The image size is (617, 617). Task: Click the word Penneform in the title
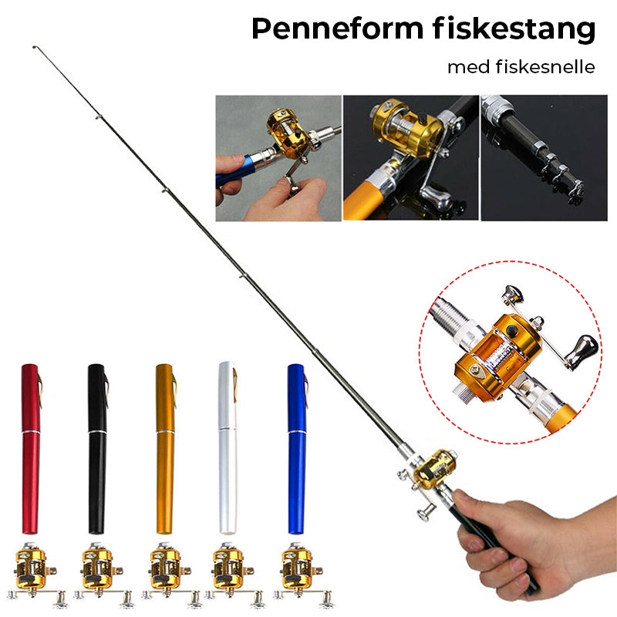[x=337, y=29]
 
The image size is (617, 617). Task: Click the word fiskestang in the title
[x=514, y=29]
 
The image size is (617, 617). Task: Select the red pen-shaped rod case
[x=31, y=449]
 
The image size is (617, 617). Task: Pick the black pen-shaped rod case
[x=97, y=449]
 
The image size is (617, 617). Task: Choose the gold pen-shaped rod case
[x=165, y=449]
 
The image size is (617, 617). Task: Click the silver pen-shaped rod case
[x=228, y=448]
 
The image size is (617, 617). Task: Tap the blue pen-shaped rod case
[x=297, y=449]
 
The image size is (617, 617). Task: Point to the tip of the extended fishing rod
[x=34, y=47]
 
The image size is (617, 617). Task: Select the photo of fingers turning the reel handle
[x=278, y=158]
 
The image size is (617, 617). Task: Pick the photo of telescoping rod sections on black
[x=545, y=158]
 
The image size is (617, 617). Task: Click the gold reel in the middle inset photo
[x=407, y=128]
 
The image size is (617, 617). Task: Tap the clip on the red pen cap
[x=39, y=389]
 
